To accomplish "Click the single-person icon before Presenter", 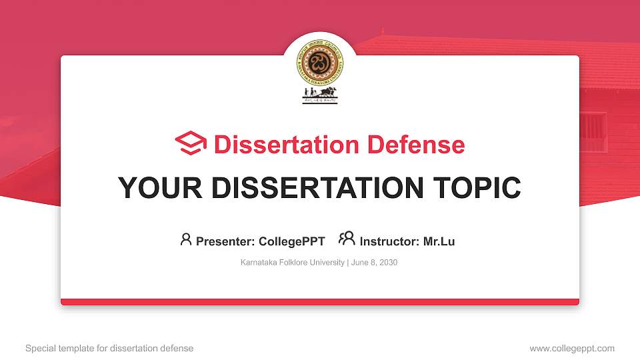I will (186, 239).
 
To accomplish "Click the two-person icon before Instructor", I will (347, 239).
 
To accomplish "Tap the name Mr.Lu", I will (439, 241).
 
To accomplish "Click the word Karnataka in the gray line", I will (258, 263).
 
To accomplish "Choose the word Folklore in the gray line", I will (293, 263).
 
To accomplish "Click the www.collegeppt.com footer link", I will (572, 348).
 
